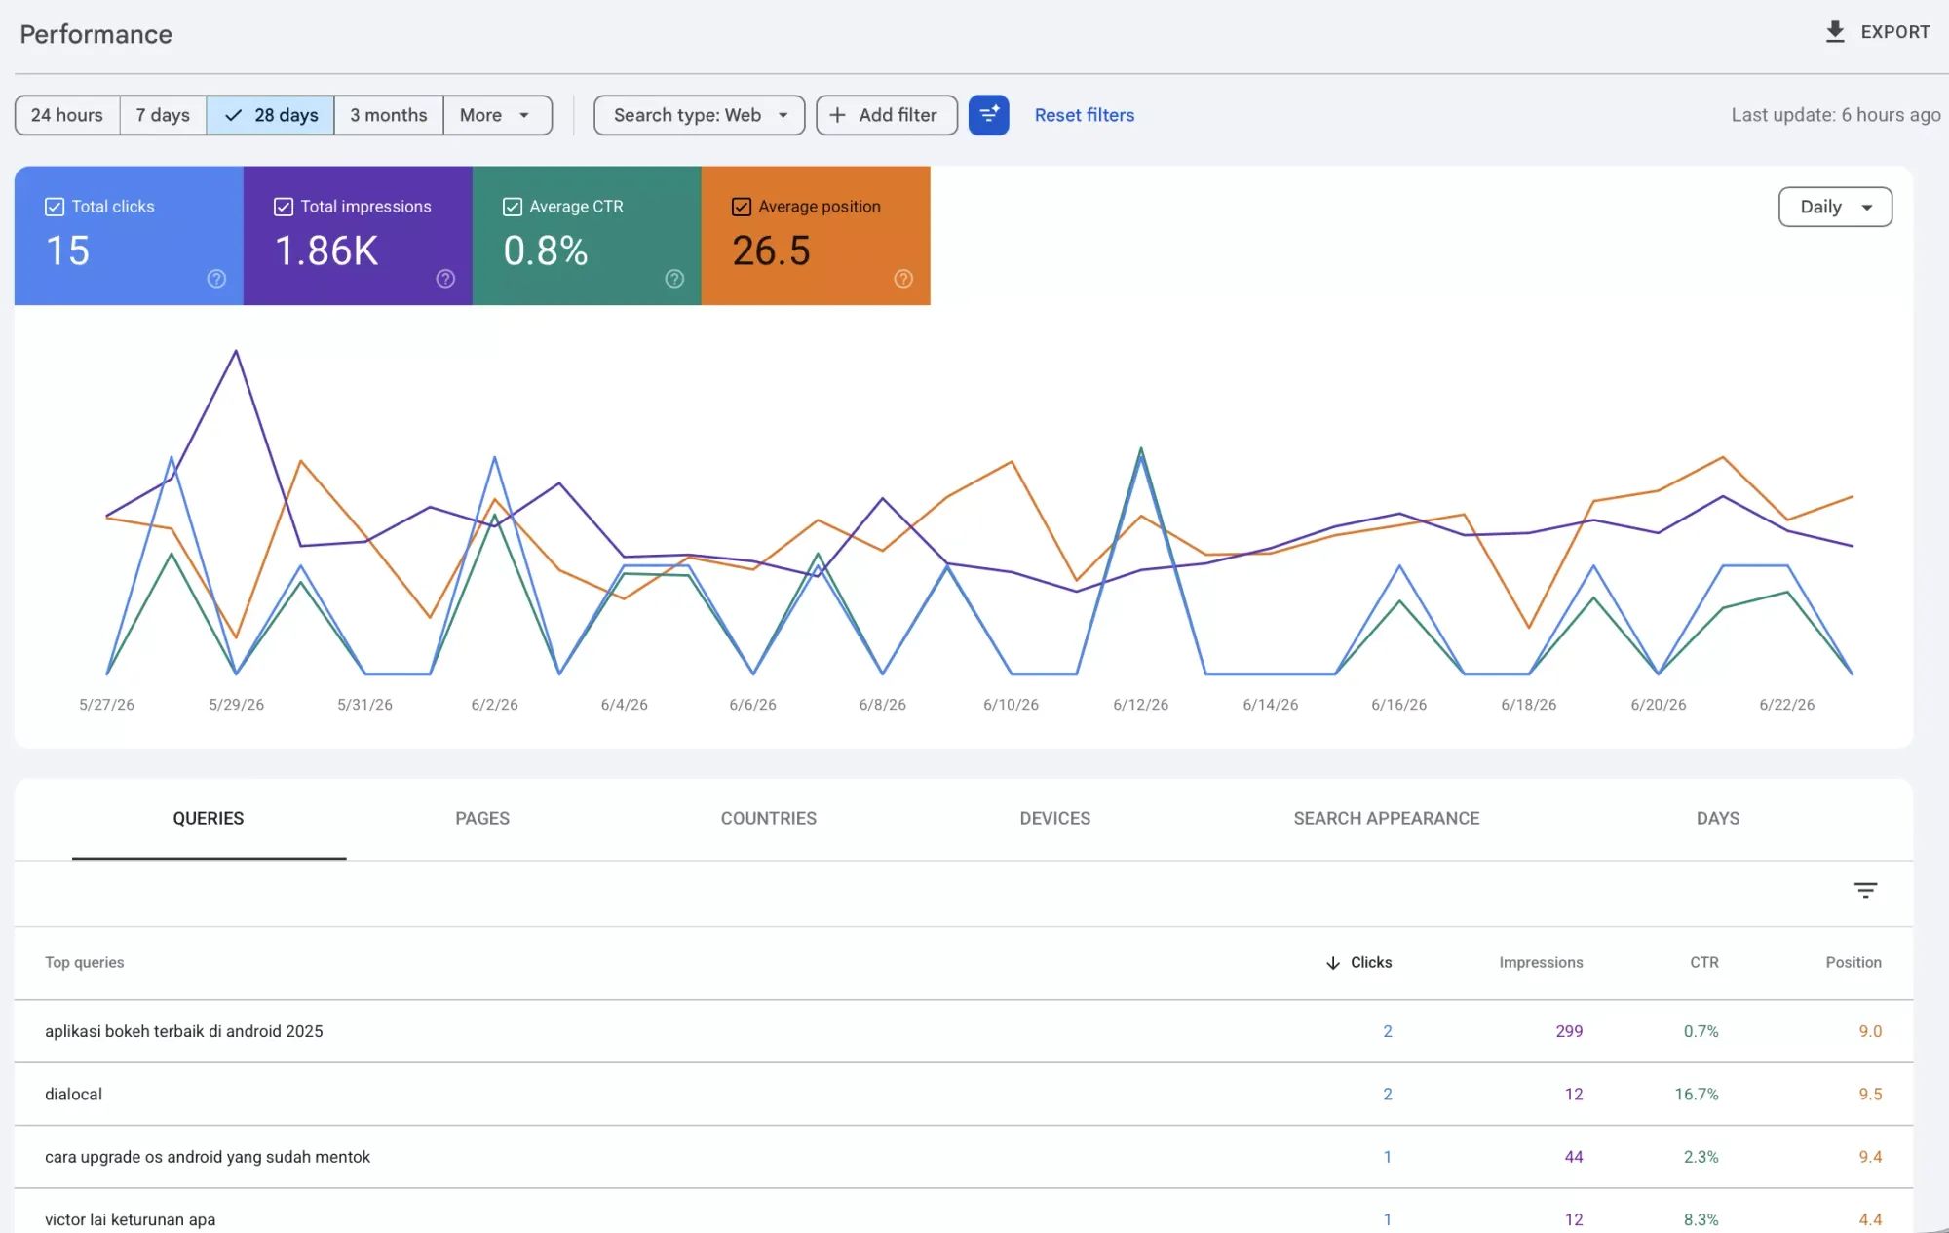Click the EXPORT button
[1877, 32]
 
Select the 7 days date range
[163, 115]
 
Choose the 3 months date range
[388, 115]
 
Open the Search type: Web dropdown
[699, 115]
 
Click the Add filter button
[886, 115]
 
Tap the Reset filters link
[1084, 115]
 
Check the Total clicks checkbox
[55, 207]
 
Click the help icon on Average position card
[903, 279]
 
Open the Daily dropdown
[1835, 207]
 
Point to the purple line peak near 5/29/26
[236, 351]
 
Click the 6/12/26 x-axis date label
[1140, 705]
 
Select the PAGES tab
[482, 819]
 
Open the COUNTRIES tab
[768, 819]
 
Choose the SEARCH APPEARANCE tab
[1386, 819]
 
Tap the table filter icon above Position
[1865, 890]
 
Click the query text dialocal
[73, 1095]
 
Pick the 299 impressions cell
[1569, 1031]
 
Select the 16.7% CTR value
[1697, 1095]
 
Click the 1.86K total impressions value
[326, 250]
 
